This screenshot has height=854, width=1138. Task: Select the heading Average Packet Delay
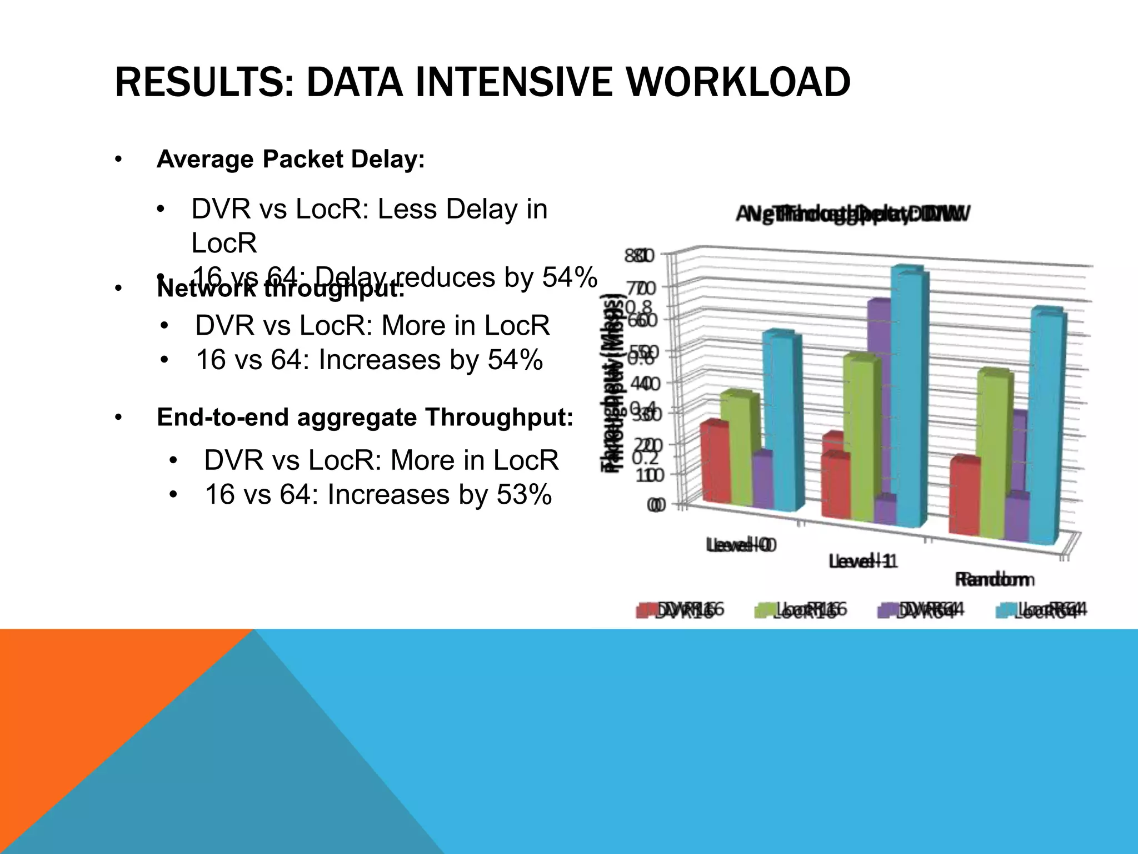click(x=291, y=160)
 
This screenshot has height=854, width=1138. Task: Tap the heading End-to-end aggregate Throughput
click(x=365, y=417)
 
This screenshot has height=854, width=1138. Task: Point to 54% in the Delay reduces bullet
click(x=570, y=277)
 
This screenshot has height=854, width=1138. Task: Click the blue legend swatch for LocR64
click(x=1005, y=610)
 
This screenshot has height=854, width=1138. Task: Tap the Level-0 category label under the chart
click(x=741, y=545)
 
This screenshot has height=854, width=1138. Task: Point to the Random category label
click(x=994, y=579)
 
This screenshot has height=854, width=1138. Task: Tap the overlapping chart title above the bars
click(x=853, y=214)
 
